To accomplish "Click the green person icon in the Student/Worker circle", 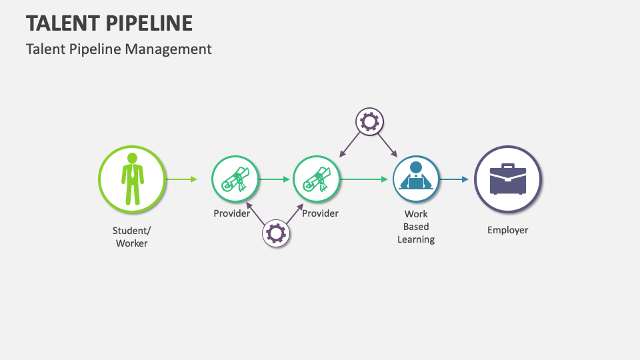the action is (x=132, y=179).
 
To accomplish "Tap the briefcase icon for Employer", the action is (x=508, y=179).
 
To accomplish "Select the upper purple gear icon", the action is (x=369, y=121).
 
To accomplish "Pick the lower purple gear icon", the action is (x=276, y=233).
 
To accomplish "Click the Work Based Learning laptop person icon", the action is (x=416, y=176).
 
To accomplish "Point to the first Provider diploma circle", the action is (x=235, y=179).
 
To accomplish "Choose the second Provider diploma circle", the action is (x=316, y=179).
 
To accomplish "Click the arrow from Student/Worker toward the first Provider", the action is (x=182, y=179).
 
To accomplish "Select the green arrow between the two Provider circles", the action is (x=274, y=179).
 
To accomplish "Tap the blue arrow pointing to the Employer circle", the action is (x=454, y=179).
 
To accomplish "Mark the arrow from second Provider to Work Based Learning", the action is (x=364, y=179).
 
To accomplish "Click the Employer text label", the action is (x=508, y=230).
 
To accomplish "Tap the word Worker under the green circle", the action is (x=131, y=243).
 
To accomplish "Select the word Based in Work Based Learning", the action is (x=416, y=227).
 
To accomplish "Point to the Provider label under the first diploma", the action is (x=232, y=213).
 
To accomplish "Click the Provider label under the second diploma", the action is (x=320, y=213).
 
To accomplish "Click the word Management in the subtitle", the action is (x=168, y=49).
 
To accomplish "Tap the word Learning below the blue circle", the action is (x=416, y=239).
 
